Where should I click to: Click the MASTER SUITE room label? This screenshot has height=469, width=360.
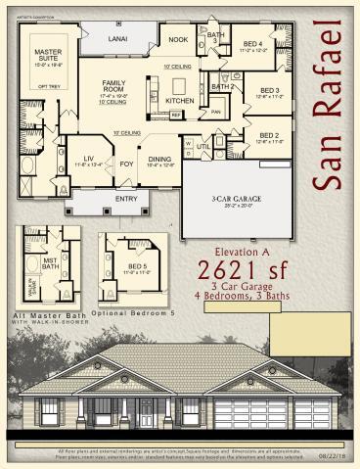(49, 54)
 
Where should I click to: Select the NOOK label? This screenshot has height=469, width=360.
(177, 40)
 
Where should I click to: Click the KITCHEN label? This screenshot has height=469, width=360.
(180, 101)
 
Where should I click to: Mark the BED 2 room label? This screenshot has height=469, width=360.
(269, 135)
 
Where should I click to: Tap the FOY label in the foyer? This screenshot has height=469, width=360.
(126, 164)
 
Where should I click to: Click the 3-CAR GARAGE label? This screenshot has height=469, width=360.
(232, 200)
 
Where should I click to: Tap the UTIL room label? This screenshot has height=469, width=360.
(203, 147)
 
